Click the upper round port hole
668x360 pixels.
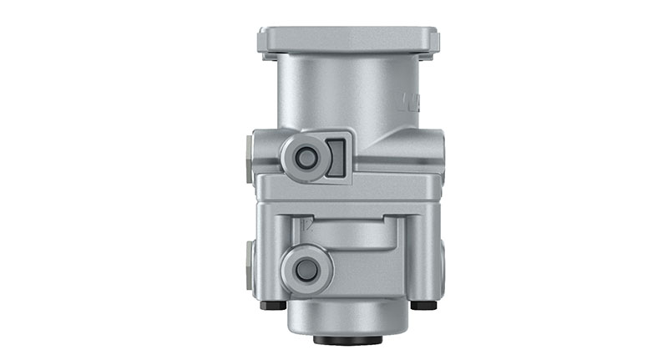(x=306, y=157)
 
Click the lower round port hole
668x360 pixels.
(x=306, y=269)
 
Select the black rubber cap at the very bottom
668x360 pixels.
(x=347, y=340)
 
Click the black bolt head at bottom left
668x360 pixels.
(x=273, y=306)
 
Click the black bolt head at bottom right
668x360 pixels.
(x=423, y=306)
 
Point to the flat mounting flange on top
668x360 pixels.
(x=348, y=39)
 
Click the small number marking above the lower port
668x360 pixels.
(x=308, y=225)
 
